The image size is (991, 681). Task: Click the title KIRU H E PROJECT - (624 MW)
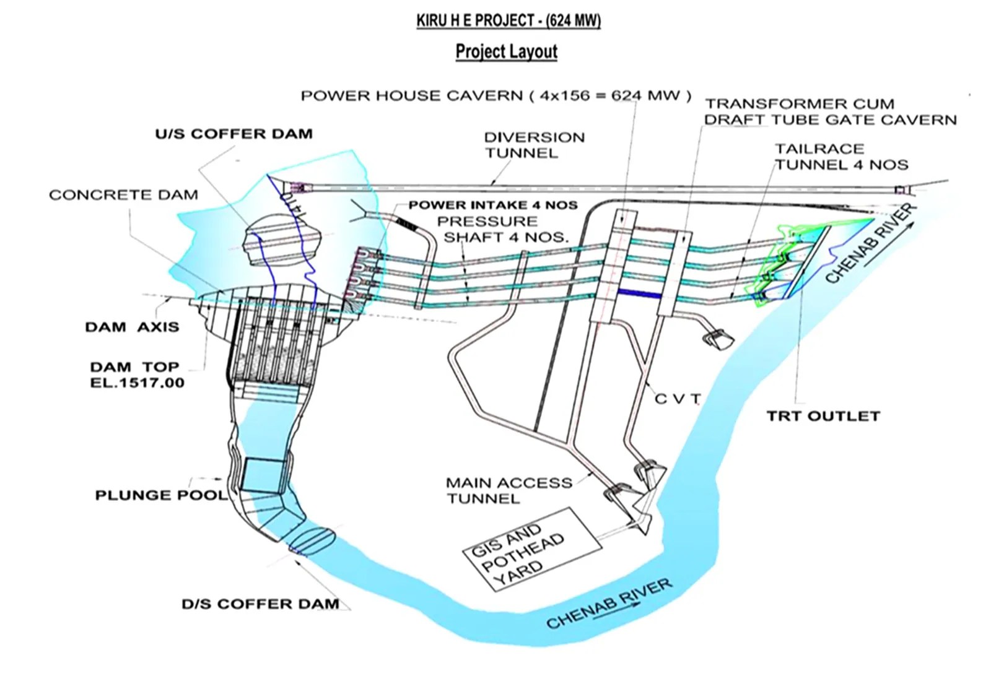click(x=508, y=20)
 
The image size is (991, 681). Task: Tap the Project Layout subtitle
click(x=506, y=51)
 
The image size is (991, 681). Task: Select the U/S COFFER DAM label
click(x=234, y=134)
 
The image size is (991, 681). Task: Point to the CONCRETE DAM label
click(x=123, y=195)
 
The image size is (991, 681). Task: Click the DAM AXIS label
click(x=132, y=327)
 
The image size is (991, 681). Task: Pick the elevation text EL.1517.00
click(x=137, y=383)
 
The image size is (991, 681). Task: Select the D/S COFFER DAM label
click(x=260, y=604)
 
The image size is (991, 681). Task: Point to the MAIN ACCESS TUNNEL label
click(x=509, y=490)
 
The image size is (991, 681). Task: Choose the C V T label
click(x=678, y=399)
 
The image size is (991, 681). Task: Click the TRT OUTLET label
click(x=823, y=416)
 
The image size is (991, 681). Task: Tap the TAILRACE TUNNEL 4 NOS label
click(x=841, y=157)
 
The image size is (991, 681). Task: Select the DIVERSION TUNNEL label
click(x=534, y=145)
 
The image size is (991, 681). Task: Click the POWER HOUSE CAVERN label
click(x=495, y=96)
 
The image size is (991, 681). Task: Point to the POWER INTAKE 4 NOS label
click(x=492, y=205)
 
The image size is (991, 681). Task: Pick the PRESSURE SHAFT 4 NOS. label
click(x=505, y=229)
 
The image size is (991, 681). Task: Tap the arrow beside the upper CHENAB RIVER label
click(x=889, y=246)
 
